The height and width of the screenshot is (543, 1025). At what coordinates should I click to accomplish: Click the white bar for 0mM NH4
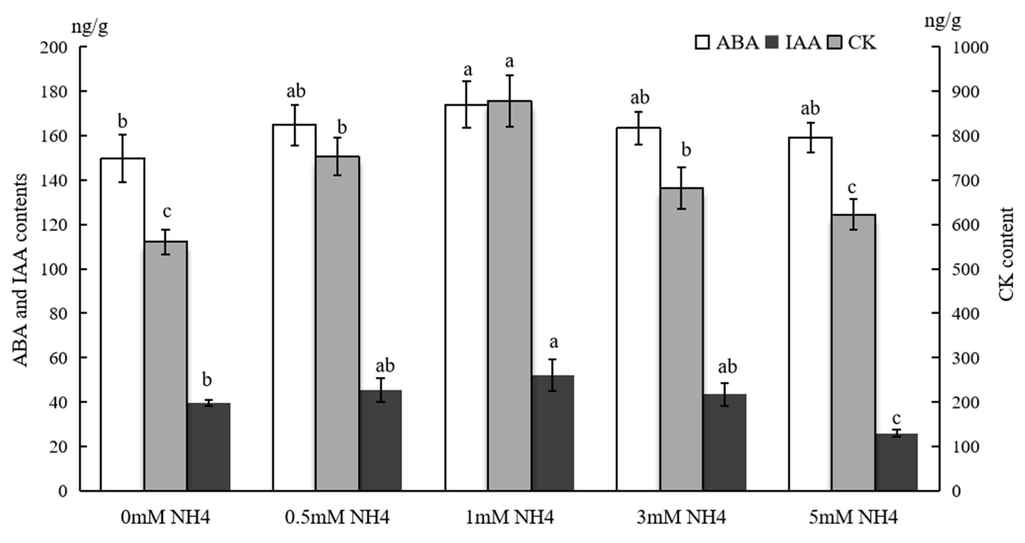pos(122,324)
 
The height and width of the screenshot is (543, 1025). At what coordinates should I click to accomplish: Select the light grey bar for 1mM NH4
pos(510,296)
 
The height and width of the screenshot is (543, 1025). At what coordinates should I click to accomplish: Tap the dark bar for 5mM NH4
pos(896,462)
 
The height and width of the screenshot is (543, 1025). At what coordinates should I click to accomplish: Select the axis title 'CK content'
pos(1007,254)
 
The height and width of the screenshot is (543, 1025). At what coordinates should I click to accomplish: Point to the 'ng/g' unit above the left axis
pos(90,27)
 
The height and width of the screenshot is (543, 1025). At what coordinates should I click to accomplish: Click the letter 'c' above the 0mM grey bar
pos(167,211)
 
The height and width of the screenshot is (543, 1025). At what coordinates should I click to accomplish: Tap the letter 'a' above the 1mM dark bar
pos(553,342)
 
